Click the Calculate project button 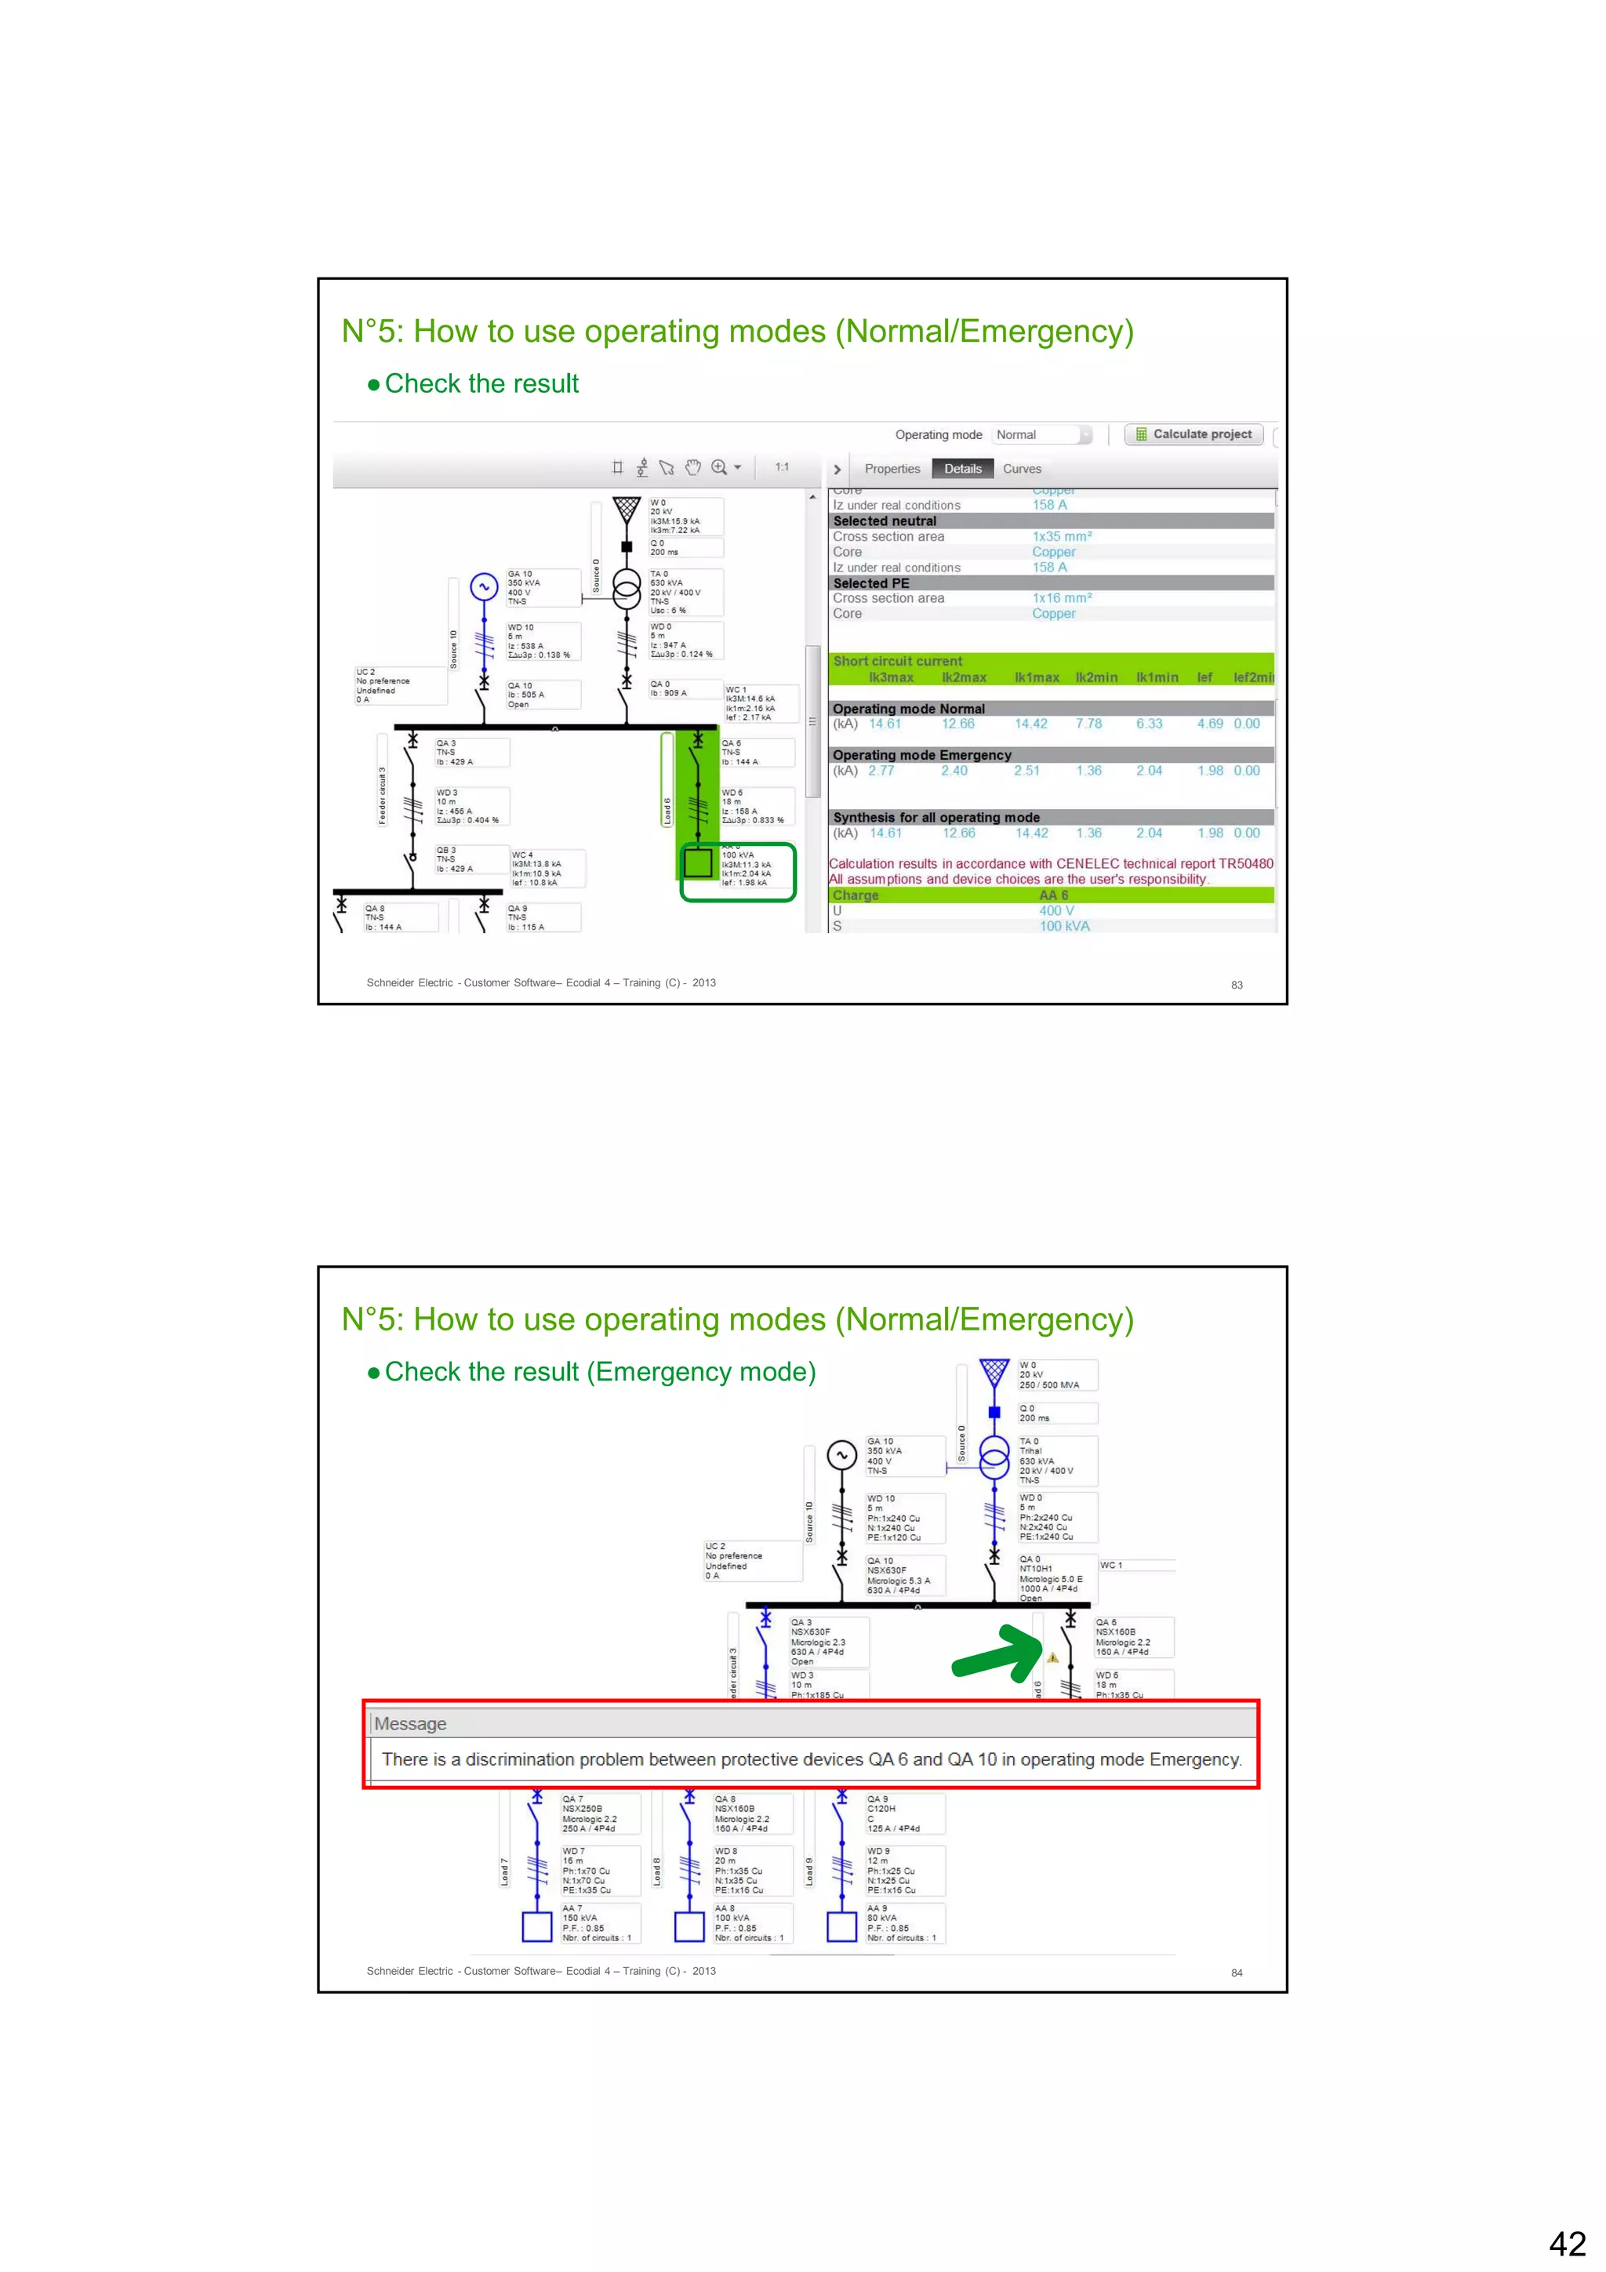(x=1194, y=434)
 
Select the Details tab (x=962, y=469)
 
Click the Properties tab (x=892, y=469)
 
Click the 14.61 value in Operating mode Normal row (x=885, y=724)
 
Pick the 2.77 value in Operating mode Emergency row (x=881, y=771)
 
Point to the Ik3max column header (x=891, y=678)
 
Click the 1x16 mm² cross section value (x=1062, y=599)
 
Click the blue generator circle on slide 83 (x=484, y=586)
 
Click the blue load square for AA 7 (x=536, y=1926)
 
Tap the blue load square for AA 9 (x=841, y=1926)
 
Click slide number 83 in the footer (x=1236, y=985)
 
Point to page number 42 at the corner (x=1567, y=2242)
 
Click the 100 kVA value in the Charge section (x=1064, y=926)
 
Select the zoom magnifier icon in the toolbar (x=719, y=467)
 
